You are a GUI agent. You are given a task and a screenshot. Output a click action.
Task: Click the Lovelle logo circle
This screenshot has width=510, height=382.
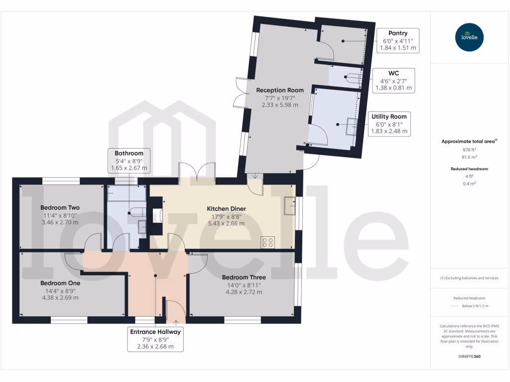tap(470, 37)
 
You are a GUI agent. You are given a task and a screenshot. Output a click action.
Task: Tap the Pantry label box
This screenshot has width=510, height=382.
tap(398, 41)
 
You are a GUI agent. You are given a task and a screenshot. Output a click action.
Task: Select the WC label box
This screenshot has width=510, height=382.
tap(393, 80)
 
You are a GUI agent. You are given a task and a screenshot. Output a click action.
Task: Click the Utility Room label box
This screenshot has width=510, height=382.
tap(389, 124)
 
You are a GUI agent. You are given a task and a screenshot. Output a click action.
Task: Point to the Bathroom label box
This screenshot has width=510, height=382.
tap(129, 161)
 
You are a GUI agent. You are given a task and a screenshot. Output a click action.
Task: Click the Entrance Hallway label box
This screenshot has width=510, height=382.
tap(155, 339)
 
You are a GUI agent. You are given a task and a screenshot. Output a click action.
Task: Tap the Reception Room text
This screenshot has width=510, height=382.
tap(280, 90)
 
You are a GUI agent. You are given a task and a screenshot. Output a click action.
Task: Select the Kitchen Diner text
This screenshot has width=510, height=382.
tap(227, 208)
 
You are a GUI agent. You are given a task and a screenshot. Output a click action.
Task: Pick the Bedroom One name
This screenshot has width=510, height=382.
tap(60, 283)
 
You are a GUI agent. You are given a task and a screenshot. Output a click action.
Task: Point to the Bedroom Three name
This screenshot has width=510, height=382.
tap(244, 277)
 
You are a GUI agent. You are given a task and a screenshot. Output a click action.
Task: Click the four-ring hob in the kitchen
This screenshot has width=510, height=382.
tap(267, 242)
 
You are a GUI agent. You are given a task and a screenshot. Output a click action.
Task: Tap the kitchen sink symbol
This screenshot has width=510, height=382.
tap(290, 205)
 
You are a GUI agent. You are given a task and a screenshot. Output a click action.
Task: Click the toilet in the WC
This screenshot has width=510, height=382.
tap(352, 78)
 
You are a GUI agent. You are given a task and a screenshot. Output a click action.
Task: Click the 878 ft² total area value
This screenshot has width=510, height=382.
tap(470, 149)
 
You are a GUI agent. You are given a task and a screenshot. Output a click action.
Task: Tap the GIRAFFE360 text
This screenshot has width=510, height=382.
tap(470, 357)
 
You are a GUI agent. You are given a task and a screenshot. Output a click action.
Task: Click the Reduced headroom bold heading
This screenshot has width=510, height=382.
tap(470, 169)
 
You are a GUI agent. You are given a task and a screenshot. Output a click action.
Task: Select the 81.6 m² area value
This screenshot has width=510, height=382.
tap(470, 157)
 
